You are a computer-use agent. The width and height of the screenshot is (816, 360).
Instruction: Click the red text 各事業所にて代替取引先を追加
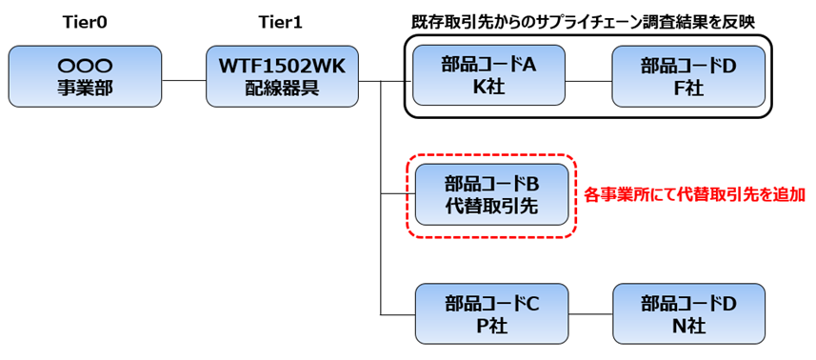(695, 194)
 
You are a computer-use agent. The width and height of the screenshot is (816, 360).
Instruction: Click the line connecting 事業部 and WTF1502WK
(183, 80)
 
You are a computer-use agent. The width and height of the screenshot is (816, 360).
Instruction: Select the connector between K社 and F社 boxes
(588, 80)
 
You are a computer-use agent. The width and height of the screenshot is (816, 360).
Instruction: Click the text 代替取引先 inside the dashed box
(492, 206)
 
